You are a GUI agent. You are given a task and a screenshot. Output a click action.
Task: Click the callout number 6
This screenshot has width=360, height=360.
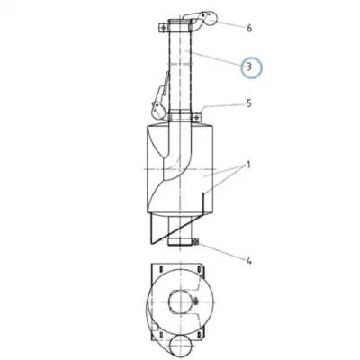(249, 28)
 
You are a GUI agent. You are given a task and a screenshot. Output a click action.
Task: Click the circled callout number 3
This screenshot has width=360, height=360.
(249, 67)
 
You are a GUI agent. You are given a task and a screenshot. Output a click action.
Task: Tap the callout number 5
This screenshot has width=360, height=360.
(248, 103)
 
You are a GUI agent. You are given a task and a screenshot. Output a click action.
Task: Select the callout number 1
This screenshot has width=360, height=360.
(248, 165)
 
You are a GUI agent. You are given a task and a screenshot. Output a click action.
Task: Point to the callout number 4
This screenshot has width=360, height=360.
(249, 261)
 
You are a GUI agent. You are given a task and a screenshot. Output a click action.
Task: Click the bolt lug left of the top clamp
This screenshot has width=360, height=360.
(163, 28)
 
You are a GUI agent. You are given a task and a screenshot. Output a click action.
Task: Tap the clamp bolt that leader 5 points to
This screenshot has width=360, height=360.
(196, 117)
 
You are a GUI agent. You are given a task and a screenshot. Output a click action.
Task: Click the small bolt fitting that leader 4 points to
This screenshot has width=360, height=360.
(196, 241)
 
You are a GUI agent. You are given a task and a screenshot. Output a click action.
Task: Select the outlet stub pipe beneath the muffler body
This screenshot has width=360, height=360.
(180, 230)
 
